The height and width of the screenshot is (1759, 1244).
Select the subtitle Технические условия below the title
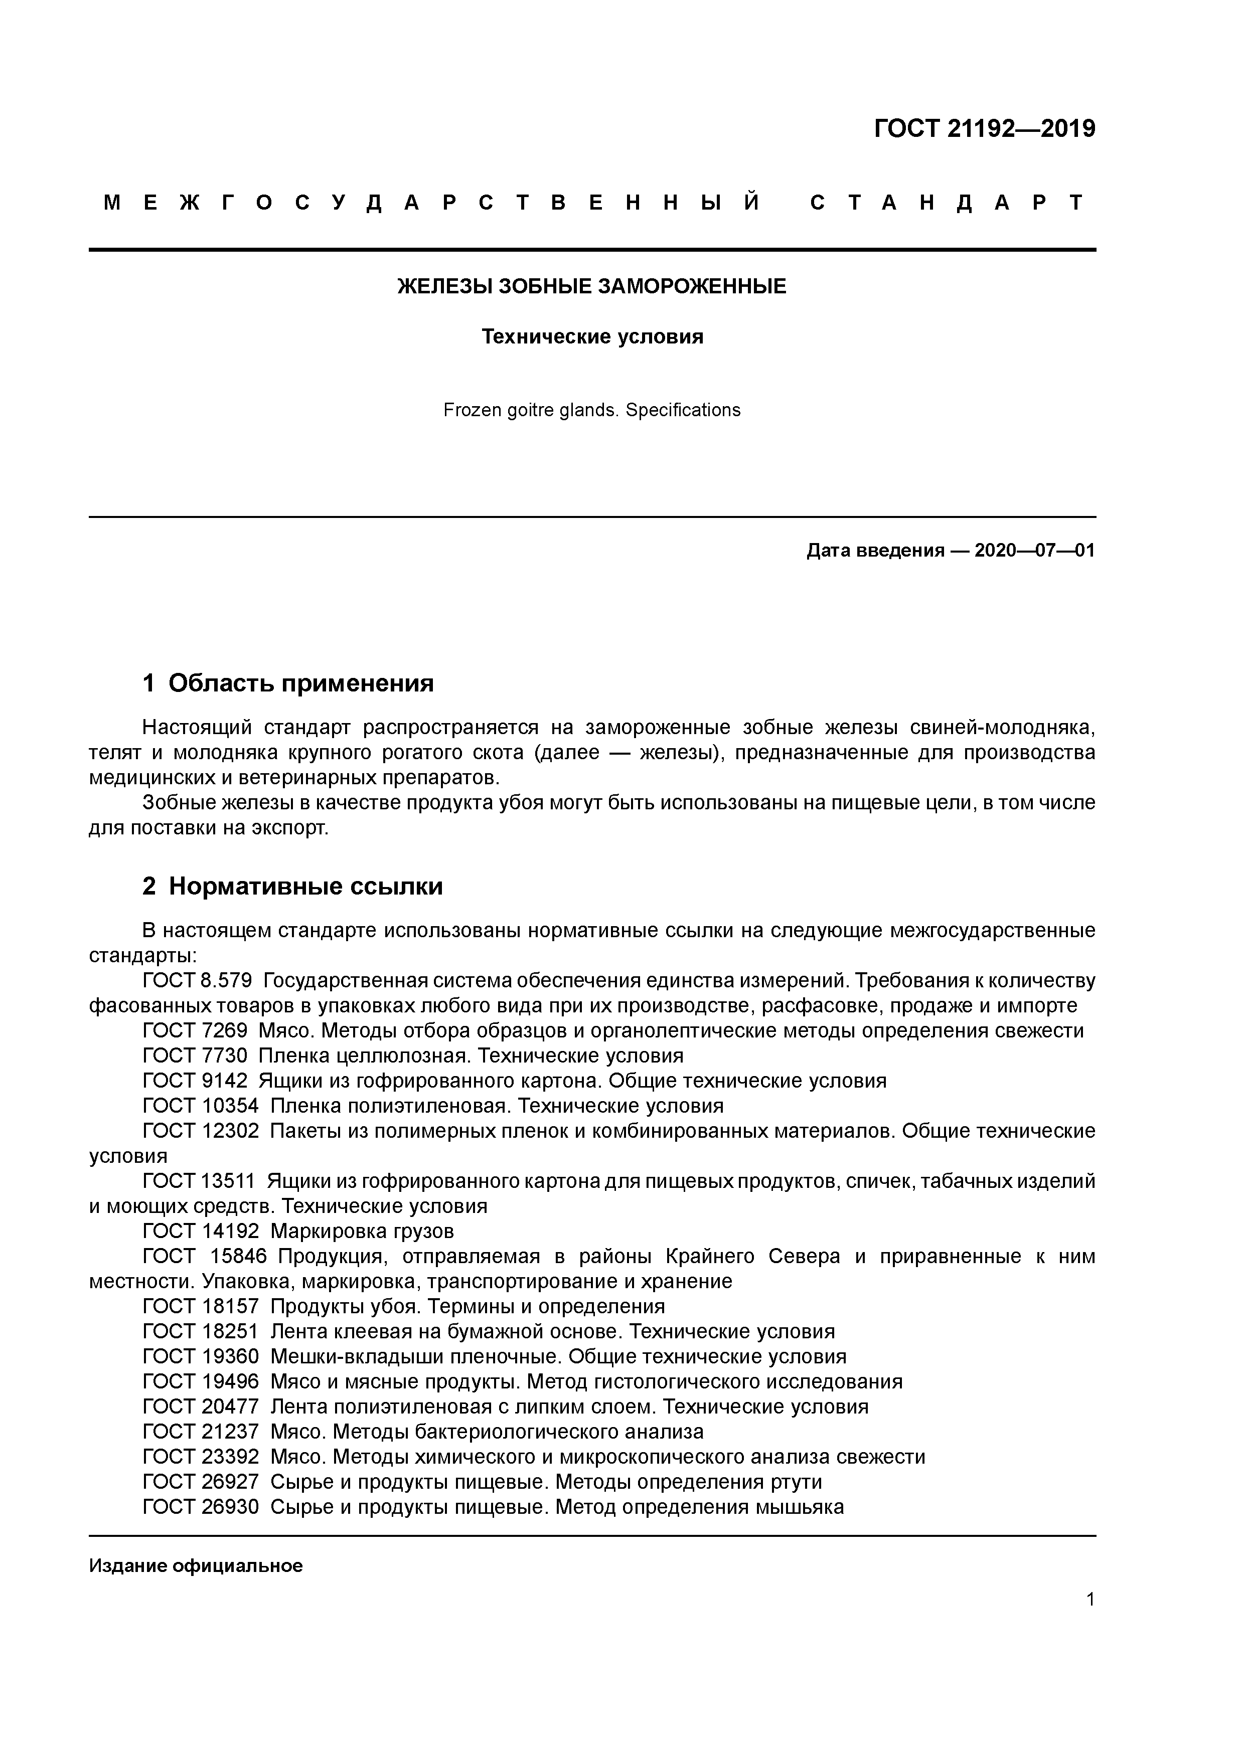click(592, 336)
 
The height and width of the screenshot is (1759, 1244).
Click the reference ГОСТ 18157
click(201, 1306)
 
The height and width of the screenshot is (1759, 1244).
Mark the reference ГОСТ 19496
click(201, 1381)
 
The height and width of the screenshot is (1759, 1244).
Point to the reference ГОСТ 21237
click(201, 1431)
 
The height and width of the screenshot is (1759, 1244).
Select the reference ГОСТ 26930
click(201, 1506)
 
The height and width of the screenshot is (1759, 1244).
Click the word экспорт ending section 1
click(290, 828)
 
